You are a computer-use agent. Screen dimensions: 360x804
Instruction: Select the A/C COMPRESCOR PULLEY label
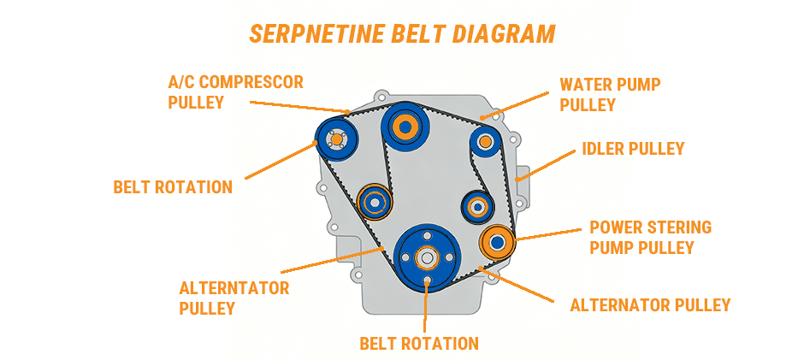pos(235,91)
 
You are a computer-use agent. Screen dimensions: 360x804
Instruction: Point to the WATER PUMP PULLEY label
pos(610,94)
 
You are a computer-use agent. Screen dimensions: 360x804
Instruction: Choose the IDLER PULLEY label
pos(633,149)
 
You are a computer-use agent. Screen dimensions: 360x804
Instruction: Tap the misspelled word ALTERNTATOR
pos(234,288)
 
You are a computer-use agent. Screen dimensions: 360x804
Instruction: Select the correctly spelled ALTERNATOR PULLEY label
pos(650,305)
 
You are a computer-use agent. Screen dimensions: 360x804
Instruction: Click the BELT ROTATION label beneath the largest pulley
pos(418,344)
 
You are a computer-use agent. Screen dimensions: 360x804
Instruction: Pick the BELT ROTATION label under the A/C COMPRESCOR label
pos(173,187)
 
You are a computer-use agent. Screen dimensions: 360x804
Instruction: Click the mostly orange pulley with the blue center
pos(496,243)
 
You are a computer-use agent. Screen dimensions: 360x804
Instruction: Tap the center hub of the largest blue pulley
pos(427,256)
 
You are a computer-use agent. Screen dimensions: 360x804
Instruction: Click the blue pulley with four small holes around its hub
pos(335,139)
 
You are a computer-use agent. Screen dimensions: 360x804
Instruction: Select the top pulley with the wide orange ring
pos(403,128)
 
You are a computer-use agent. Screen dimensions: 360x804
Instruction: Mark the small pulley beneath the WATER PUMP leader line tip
pos(484,141)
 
